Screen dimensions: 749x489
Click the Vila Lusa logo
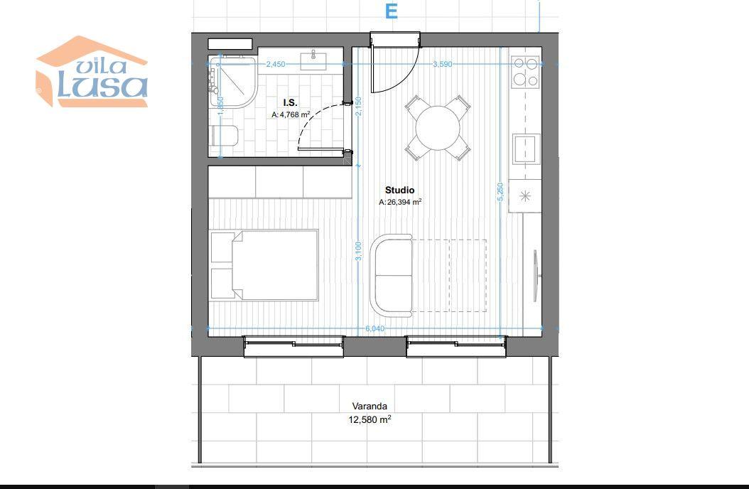(x=92, y=72)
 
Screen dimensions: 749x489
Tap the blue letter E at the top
(x=392, y=11)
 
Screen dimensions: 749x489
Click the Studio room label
(x=400, y=190)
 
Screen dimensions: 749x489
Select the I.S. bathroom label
(x=290, y=102)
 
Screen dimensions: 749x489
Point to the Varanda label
(x=370, y=407)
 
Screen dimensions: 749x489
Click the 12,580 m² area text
(x=370, y=420)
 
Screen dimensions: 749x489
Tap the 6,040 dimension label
(x=374, y=328)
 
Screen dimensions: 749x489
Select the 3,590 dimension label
(x=442, y=64)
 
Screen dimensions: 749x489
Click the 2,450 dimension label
(x=276, y=64)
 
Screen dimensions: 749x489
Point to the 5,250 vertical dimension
(x=500, y=191)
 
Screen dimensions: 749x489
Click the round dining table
(x=438, y=128)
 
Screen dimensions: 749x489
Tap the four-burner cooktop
(x=525, y=72)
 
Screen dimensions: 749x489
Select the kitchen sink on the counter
(x=527, y=149)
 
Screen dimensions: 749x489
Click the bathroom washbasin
(x=313, y=60)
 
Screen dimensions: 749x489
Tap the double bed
(x=264, y=266)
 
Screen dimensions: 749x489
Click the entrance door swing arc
(x=411, y=75)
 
